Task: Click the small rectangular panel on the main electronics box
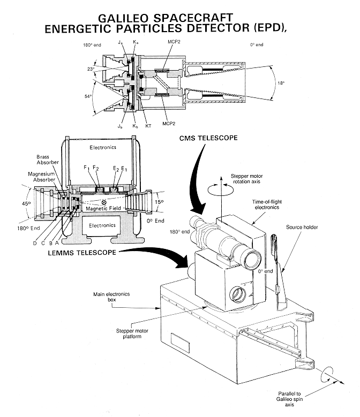point(179,340)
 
